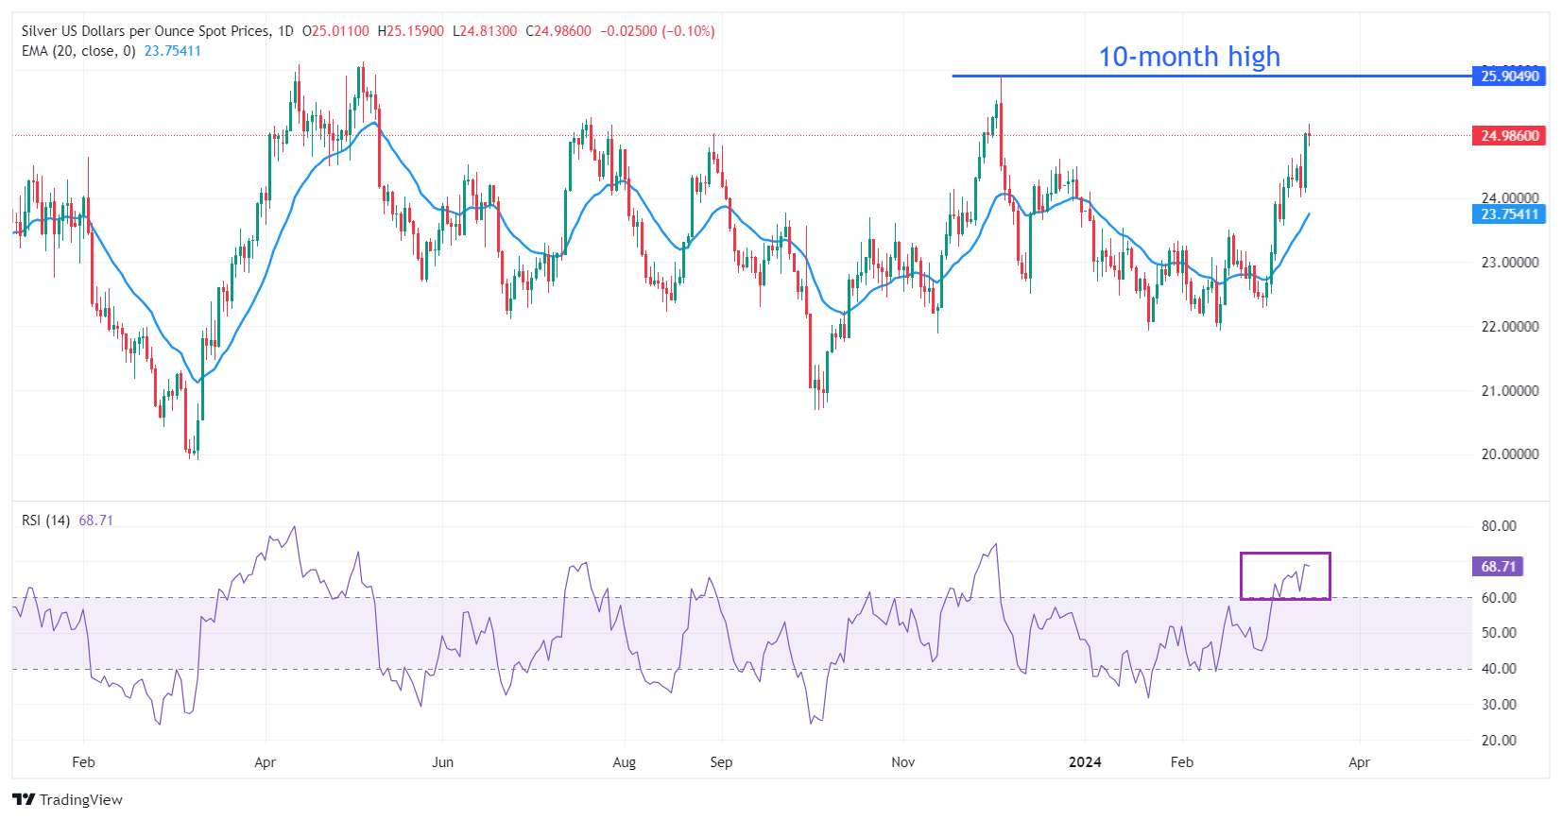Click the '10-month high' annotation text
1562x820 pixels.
coord(1189,57)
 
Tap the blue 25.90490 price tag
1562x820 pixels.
coord(1509,77)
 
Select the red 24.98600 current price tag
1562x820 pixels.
coord(1509,136)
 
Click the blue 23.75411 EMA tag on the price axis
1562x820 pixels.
coord(1509,214)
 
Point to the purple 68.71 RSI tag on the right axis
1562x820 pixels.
coord(1498,567)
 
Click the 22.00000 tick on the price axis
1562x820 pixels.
coord(1509,327)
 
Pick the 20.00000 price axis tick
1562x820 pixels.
coord(1509,454)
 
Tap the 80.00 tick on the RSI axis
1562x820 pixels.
coord(1499,526)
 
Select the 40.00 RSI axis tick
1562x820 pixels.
coord(1499,669)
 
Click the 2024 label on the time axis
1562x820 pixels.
coord(1085,762)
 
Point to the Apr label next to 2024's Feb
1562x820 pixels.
coord(1359,762)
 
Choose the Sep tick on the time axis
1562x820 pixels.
coord(721,762)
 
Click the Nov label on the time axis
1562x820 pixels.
coord(902,762)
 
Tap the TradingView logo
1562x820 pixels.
coord(68,800)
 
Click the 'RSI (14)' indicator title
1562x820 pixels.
coord(45,521)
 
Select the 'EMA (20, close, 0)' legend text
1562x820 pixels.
coord(78,51)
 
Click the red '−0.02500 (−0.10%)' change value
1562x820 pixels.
coord(657,31)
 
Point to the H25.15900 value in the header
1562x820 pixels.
coord(411,31)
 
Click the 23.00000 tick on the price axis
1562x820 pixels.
coord(1509,263)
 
